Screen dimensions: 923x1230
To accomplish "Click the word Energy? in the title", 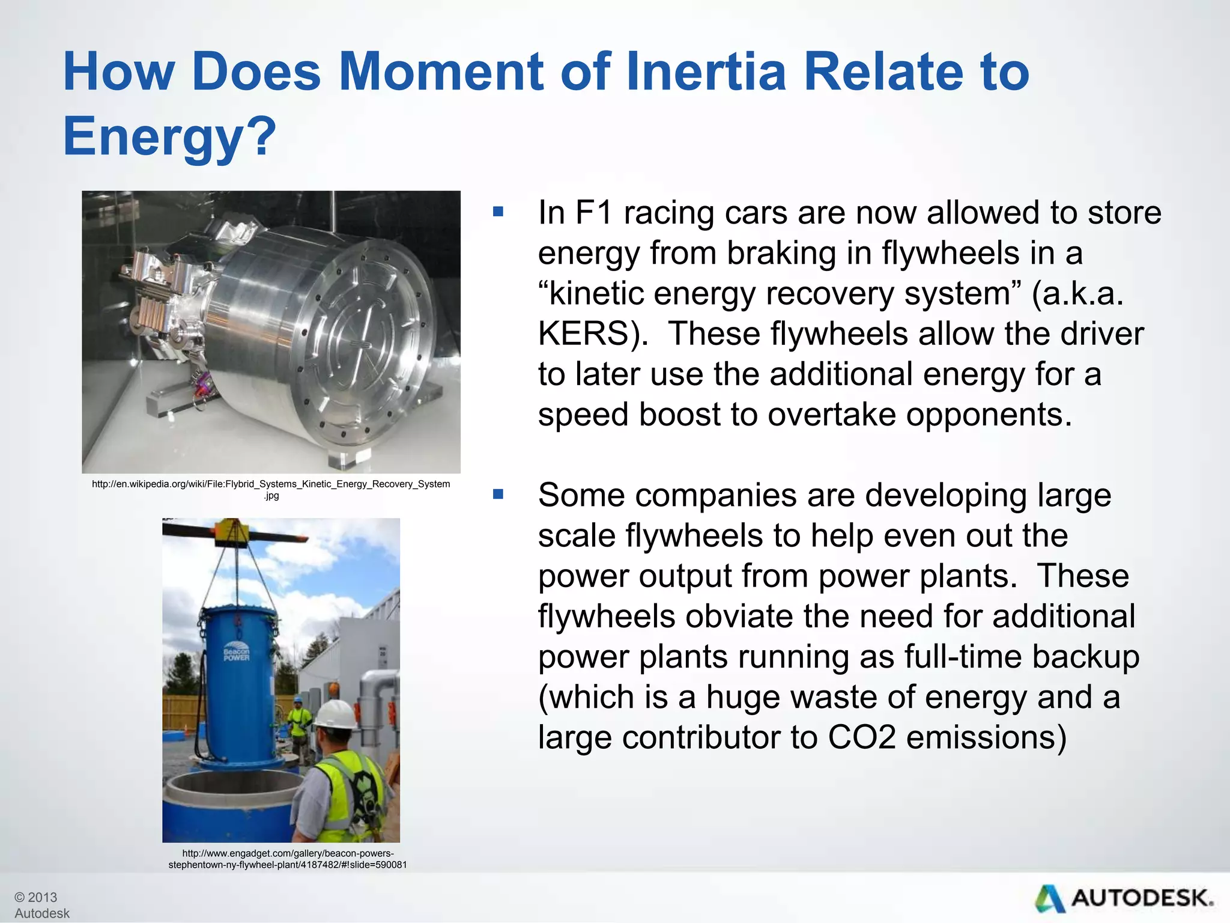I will point(169,136).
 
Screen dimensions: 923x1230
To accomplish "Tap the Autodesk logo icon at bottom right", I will point(1050,899).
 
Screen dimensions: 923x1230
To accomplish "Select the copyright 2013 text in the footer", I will point(36,897).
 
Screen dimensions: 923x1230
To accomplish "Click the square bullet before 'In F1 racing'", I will point(497,212).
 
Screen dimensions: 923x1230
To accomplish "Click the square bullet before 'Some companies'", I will point(497,495).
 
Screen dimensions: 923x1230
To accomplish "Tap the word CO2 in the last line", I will point(861,737).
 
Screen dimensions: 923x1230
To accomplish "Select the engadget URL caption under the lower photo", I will point(288,859).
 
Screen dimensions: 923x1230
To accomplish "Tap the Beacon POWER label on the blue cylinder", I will point(237,654).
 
